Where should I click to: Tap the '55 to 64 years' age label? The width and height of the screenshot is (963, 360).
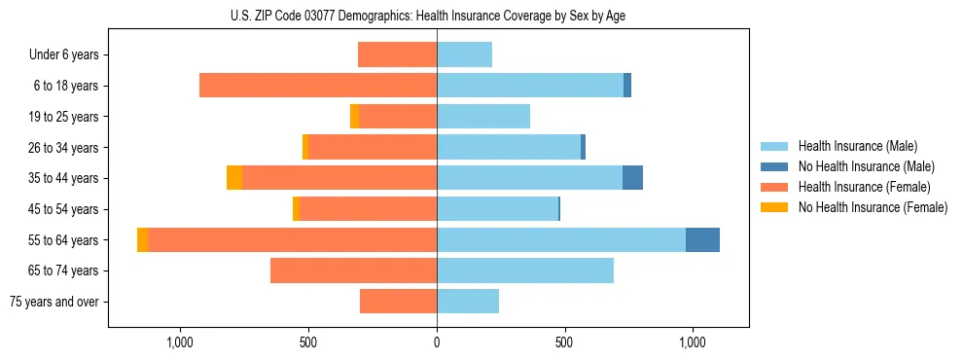point(62,240)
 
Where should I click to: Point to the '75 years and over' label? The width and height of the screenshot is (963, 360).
point(54,302)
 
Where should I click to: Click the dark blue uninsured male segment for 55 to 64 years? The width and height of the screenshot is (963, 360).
point(702,240)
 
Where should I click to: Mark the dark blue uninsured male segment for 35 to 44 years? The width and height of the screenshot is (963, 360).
point(632,178)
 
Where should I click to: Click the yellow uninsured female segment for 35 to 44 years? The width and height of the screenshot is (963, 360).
point(234,178)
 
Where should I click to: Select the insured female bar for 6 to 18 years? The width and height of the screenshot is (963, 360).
point(318,86)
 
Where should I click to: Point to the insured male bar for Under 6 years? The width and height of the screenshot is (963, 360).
point(464,55)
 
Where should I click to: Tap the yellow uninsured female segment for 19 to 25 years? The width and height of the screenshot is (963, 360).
point(354,117)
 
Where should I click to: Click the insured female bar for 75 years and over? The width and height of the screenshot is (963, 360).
point(398,302)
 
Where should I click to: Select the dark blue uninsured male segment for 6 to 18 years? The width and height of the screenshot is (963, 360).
point(627,86)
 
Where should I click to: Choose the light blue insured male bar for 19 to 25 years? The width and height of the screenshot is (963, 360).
point(483,117)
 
